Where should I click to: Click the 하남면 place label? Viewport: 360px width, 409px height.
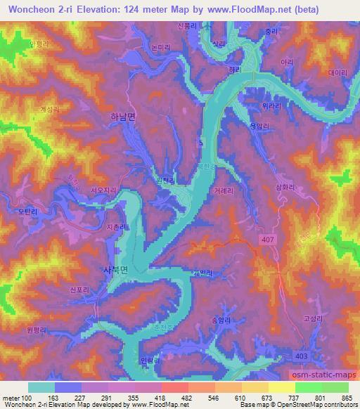pyautogui.click(x=124, y=119)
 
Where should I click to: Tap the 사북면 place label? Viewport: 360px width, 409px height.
pyautogui.click(x=117, y=269)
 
